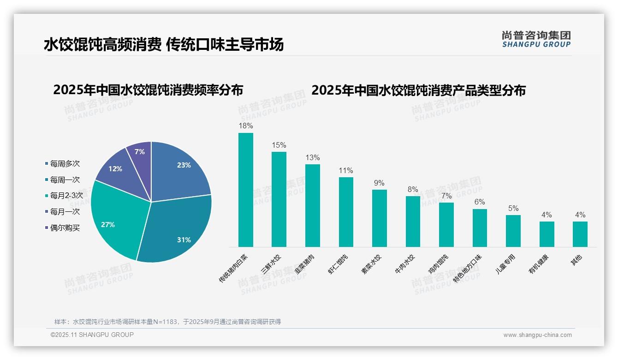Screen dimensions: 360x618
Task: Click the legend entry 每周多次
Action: (x=65, y=164)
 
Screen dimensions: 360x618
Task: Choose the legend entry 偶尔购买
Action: (x=65, y=228)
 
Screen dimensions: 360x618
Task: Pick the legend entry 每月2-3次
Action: (x=66, y=196)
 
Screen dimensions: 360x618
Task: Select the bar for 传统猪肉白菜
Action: (x=245, y=190)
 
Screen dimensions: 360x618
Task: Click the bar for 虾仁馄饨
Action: (x=346, y=212)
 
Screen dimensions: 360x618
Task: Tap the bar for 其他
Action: (x=580, y=234)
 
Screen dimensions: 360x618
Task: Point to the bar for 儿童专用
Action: (x=513, y=231)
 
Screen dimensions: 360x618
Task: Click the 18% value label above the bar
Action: (x=245, y=126)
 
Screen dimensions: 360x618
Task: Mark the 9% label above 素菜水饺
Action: (x=379, y=183)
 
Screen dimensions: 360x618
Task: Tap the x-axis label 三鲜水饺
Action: (x=271, y=264)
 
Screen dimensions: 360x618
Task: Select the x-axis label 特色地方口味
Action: (x=467, y=268)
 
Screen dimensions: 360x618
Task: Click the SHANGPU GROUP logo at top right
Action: (x=536, y=39)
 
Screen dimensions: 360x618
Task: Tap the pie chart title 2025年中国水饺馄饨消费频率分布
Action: (x=148, y=90)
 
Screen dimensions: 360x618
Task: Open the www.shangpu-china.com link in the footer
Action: (x=537, y=335)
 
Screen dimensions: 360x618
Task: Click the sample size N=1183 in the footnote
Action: (x=165, y=322)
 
